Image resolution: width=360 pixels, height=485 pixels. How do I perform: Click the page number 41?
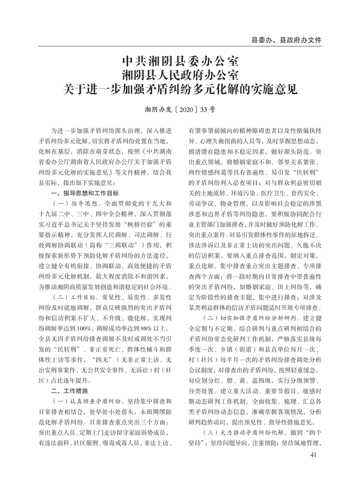coord(314,455)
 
